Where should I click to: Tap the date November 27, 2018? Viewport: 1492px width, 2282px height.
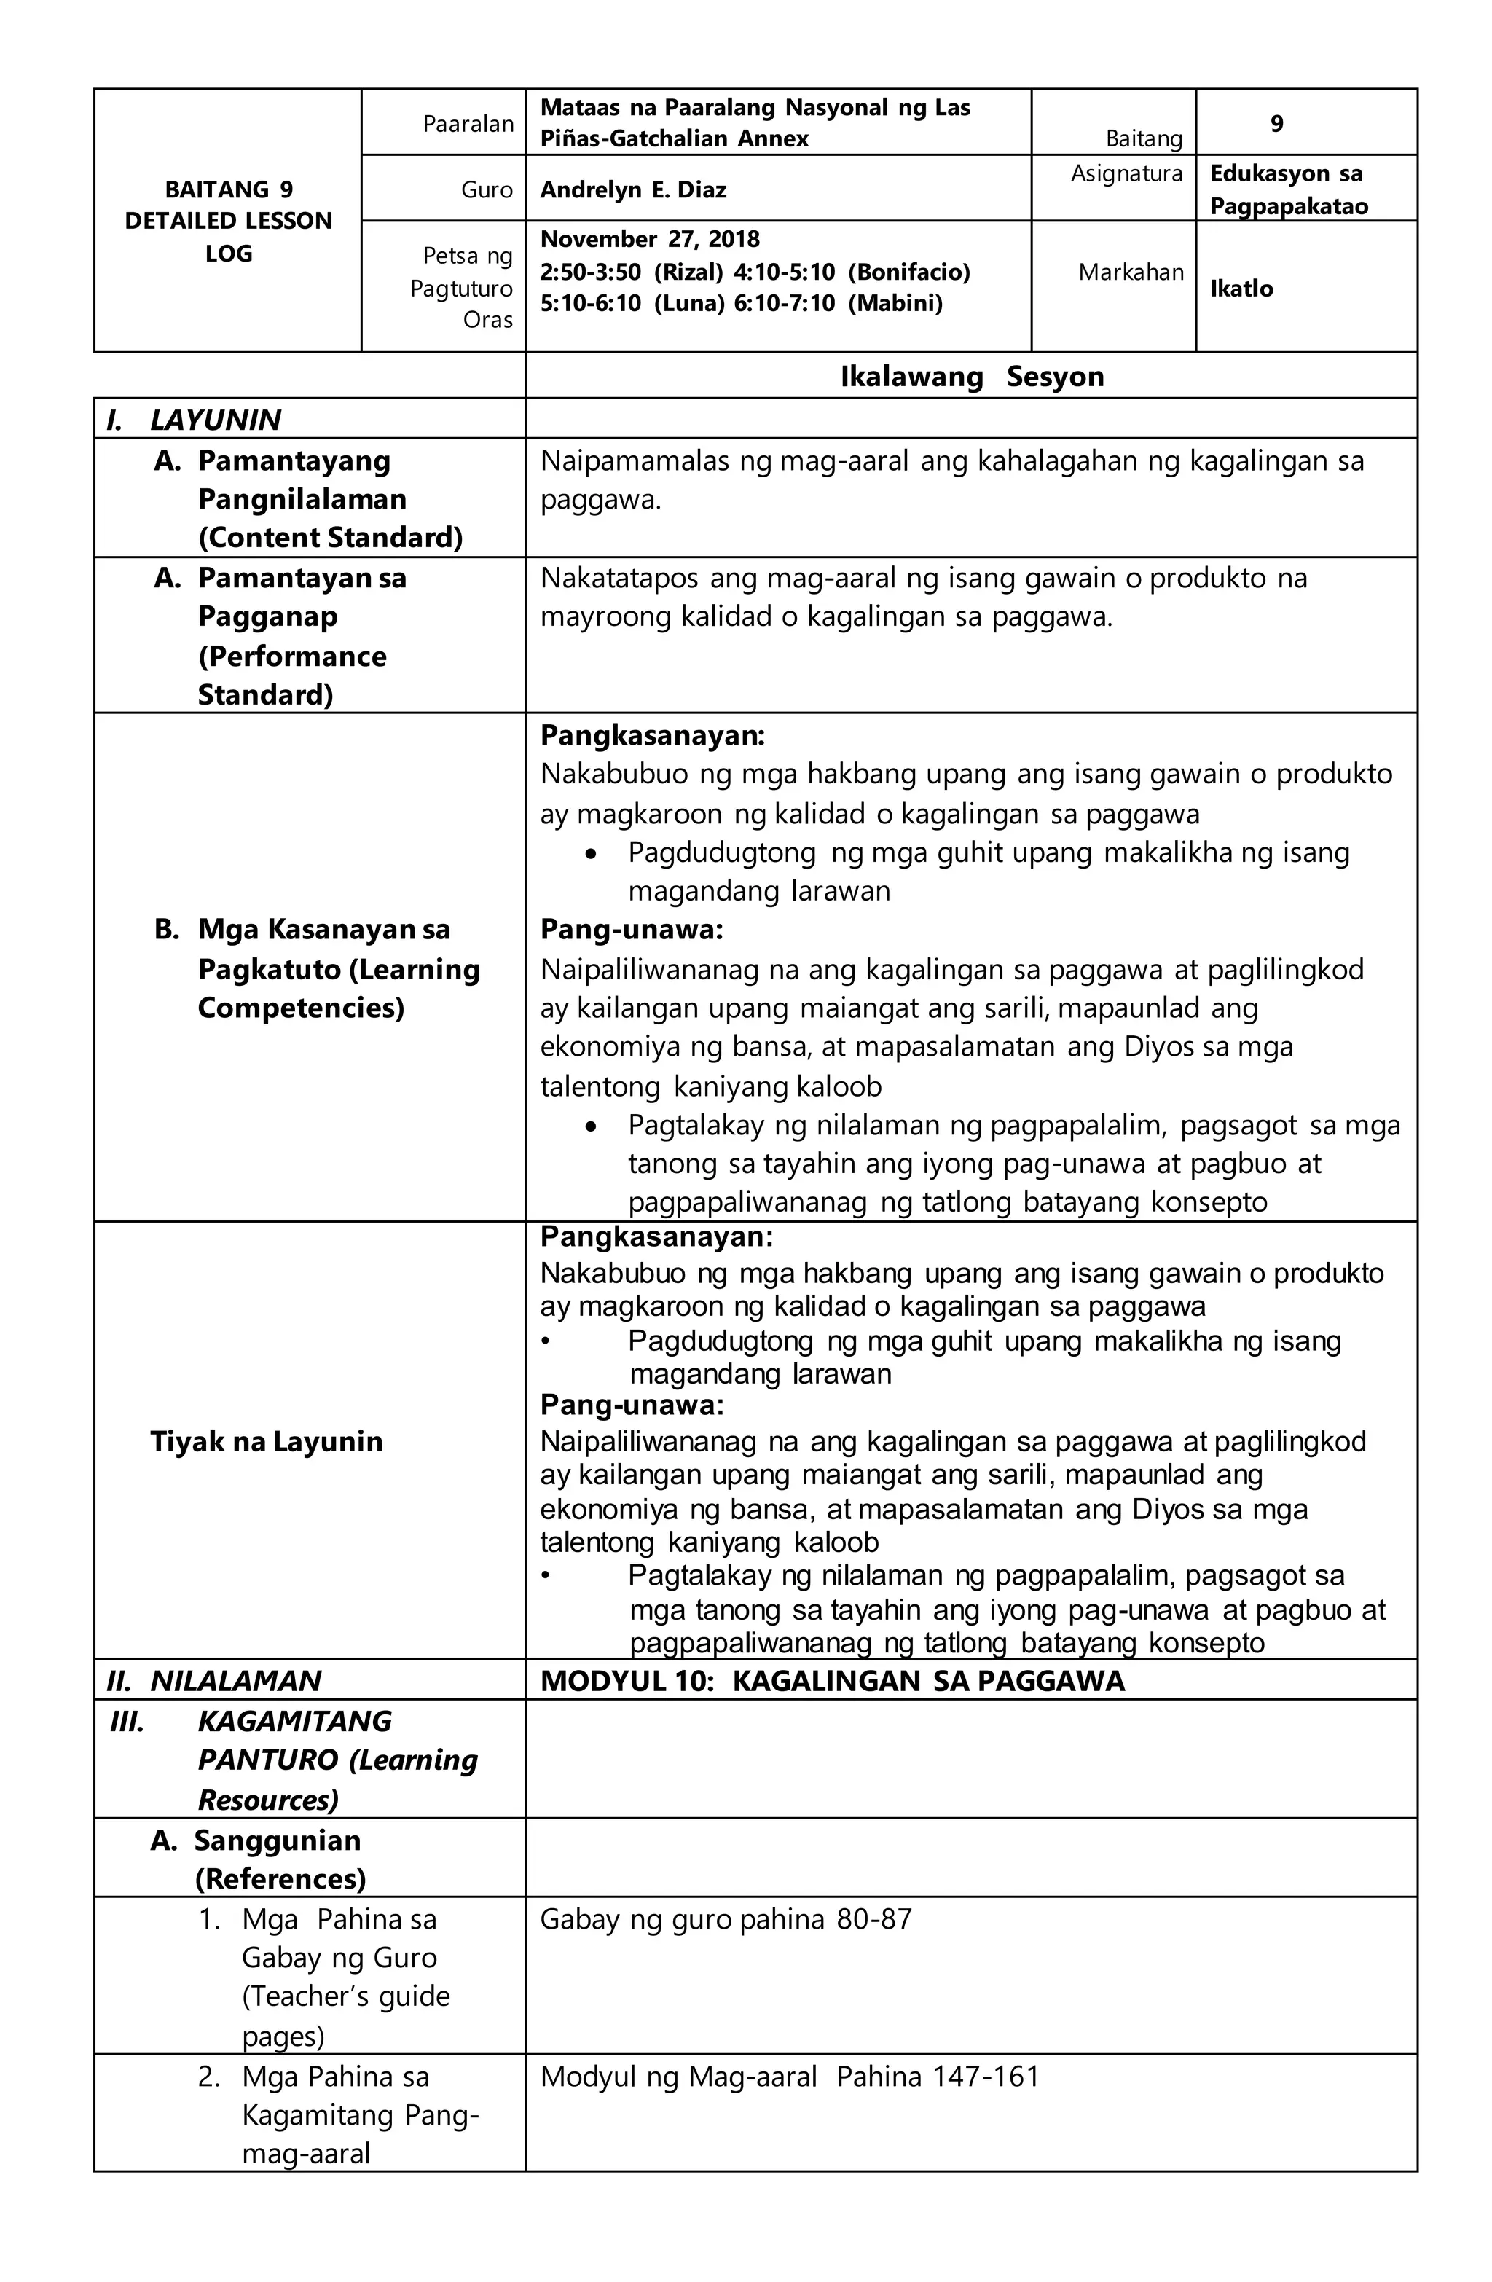pyautogui.click(x=649, y=239)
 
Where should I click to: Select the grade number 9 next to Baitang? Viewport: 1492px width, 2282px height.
pyautogui.click(x=1276, y=124)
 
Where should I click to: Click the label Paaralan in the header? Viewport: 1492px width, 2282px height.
pyautogui.click(x=468, y=124)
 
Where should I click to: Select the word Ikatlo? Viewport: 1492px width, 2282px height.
pyautogui.click(x=1240, y=289)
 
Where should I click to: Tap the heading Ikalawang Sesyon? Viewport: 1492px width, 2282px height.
pyautogui.click(x=970, y=377)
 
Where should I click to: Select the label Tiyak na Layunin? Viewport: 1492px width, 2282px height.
pyautogui.click(x=266, y=1441)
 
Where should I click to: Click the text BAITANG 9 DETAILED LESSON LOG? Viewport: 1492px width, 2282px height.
pyautogui.click(x=228, y=221)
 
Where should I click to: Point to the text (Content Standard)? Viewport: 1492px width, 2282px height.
pyautogui.click(x=330, y=538)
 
